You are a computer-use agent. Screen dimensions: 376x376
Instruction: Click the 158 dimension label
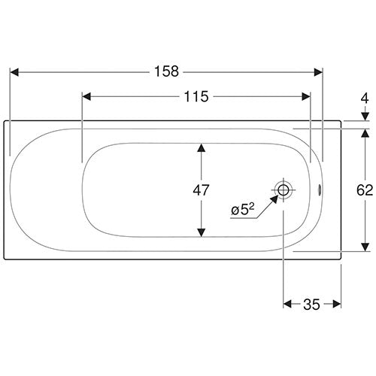coord(166,71)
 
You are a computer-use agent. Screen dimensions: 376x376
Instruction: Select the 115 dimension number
coord(196,96)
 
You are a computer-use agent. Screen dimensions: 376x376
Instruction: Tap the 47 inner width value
coord(201,190)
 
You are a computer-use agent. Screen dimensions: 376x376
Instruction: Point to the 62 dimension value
coord(365,190)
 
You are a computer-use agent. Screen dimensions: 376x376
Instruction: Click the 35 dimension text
coord(311,305)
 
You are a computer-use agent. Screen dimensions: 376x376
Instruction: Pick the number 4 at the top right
coord(365,99)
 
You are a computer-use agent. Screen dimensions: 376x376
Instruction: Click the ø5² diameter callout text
coord(243,210)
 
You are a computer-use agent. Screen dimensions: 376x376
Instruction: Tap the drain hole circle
coord(284,190)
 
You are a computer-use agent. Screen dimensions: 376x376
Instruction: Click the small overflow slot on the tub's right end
coord(320,190)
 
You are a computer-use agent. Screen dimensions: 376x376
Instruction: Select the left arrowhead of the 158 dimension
coord(14,72)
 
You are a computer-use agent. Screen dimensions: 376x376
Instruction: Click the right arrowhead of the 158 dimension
coord(318,72)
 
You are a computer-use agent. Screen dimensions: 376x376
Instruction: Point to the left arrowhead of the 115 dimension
coord(86,97)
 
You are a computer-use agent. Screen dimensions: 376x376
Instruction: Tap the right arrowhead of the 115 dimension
coord(306,97)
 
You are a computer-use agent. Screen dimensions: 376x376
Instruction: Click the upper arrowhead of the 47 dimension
coord(202,148)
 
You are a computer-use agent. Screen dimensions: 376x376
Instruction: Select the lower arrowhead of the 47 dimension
coord(202,232)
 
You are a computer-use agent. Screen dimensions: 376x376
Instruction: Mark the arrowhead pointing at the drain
coord(274,199)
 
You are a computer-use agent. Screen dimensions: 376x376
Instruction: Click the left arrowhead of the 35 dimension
coord(287,305)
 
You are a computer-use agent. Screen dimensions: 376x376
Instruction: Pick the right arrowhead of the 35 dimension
coord(337,305)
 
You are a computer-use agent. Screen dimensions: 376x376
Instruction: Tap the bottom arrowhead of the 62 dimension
coord(365,247)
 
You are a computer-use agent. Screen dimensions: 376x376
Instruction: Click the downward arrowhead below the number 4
coord(365,117)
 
